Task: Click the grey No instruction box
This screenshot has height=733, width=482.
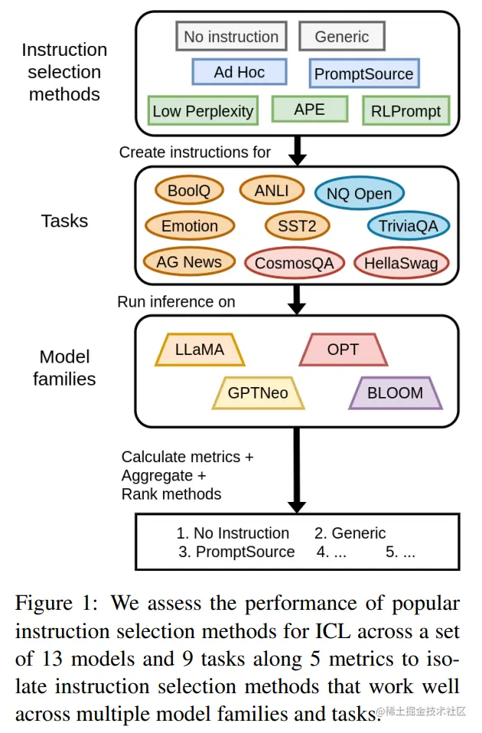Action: click(231, 37)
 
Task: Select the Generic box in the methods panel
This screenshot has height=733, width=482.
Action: click(342, 37)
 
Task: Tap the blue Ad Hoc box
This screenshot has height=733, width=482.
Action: click(239, 72)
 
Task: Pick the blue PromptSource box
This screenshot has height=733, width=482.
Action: click(364, 73)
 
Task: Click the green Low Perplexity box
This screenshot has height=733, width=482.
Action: click(203, 111)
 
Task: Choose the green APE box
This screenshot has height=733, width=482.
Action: click(310, 109)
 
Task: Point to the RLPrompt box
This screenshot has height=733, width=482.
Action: click(405, 111)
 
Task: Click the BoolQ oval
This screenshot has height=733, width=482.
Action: click(189, 191)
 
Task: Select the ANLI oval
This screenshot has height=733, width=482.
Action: click(272, 191)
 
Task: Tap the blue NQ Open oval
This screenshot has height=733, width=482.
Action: click(359, 194)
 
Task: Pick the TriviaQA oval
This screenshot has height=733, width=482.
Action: click(409, 226)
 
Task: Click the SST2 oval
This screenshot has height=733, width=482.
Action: click(298, 226)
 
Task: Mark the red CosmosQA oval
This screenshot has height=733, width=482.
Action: click(295, 262)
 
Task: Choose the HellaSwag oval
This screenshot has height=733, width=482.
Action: click(401, 262)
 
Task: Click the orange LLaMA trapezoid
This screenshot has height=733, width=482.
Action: click(200, 349)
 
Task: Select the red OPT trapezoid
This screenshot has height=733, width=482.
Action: click(344, 349)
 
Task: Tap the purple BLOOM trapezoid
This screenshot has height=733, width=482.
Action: click(396, 393)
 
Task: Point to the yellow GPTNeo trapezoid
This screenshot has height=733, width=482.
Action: click(258, 393)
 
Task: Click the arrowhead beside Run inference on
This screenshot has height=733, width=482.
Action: click(296, 308)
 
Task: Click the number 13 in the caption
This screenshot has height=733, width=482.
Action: click(52, 659)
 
